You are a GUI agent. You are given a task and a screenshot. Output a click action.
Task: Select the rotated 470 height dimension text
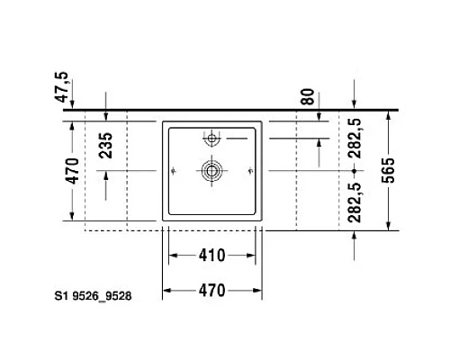pos(74,169)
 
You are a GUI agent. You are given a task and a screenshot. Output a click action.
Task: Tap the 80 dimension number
pos(309,96)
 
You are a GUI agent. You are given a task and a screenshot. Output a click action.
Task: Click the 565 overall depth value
pos(388,169)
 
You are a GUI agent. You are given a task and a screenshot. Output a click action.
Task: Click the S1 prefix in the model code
pos(60,293)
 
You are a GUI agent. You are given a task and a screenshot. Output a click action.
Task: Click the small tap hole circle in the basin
pos(212,139)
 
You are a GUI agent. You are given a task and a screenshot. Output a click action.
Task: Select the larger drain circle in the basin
pos(212,169)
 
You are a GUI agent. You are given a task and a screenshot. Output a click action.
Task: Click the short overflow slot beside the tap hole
pos(236,139)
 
